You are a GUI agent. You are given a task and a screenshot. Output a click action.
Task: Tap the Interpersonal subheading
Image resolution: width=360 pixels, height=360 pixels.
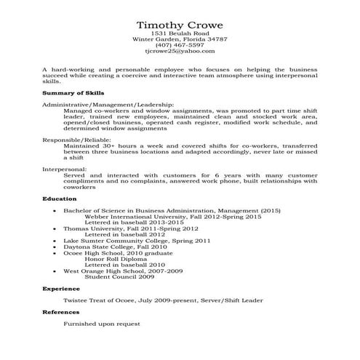tap(64, 169)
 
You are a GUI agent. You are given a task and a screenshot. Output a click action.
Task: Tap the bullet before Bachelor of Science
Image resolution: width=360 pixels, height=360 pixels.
tap(55, 210)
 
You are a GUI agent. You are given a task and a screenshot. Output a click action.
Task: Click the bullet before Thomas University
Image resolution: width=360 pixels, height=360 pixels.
tap(55, 228)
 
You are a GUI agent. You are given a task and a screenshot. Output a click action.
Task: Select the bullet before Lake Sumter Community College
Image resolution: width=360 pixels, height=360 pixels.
tap(55, 241)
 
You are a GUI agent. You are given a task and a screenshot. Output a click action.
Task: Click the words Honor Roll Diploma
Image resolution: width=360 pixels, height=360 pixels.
tap(121, 259)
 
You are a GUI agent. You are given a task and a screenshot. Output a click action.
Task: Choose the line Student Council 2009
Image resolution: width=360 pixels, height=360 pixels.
tap(120, 277)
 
